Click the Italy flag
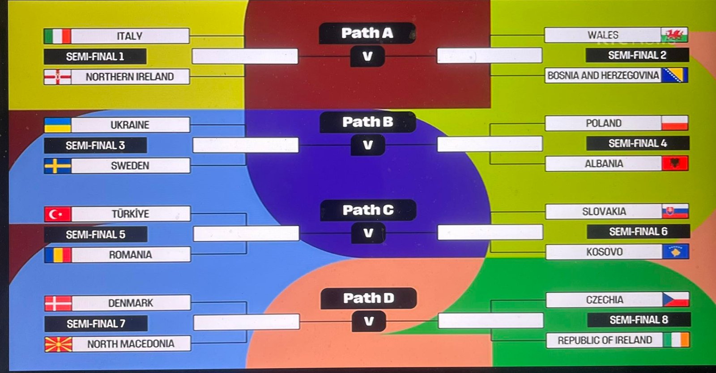(x=57, y=36)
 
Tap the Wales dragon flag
(x=674, y=35)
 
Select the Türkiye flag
(x=58, y=214)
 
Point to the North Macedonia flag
(x=58, y=344)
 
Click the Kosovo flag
(x=675, y=252)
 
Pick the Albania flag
(x=675, y=164)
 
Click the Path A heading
(x=367, y=33)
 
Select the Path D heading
(x=368, y=298)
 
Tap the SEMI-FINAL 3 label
(x=95, y=145)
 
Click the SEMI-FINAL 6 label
(x=638, y=232)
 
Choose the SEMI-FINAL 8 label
(x=639, y=320)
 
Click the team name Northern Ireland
(x=130, y=77)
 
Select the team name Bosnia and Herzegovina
(x=603, y=76)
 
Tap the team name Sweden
(x=130, y=166)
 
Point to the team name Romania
(x=131, y=255)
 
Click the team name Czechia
(x=605, y=300)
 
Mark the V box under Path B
(x=367, y=145)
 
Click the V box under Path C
(x=368, y=233)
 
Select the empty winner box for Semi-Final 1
(x=245, y=56)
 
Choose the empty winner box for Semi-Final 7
(x=246, y=322)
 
